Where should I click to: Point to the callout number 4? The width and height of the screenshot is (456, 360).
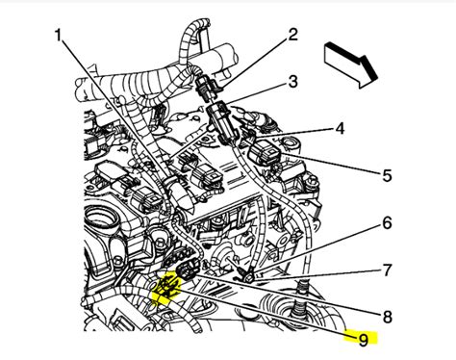(x=340, y=127)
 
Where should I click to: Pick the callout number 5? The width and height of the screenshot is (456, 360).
(x=360, y=174)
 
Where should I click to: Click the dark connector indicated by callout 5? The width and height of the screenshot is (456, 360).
(x=265, y=154)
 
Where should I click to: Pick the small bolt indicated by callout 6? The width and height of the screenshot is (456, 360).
(x=248, y=277)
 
